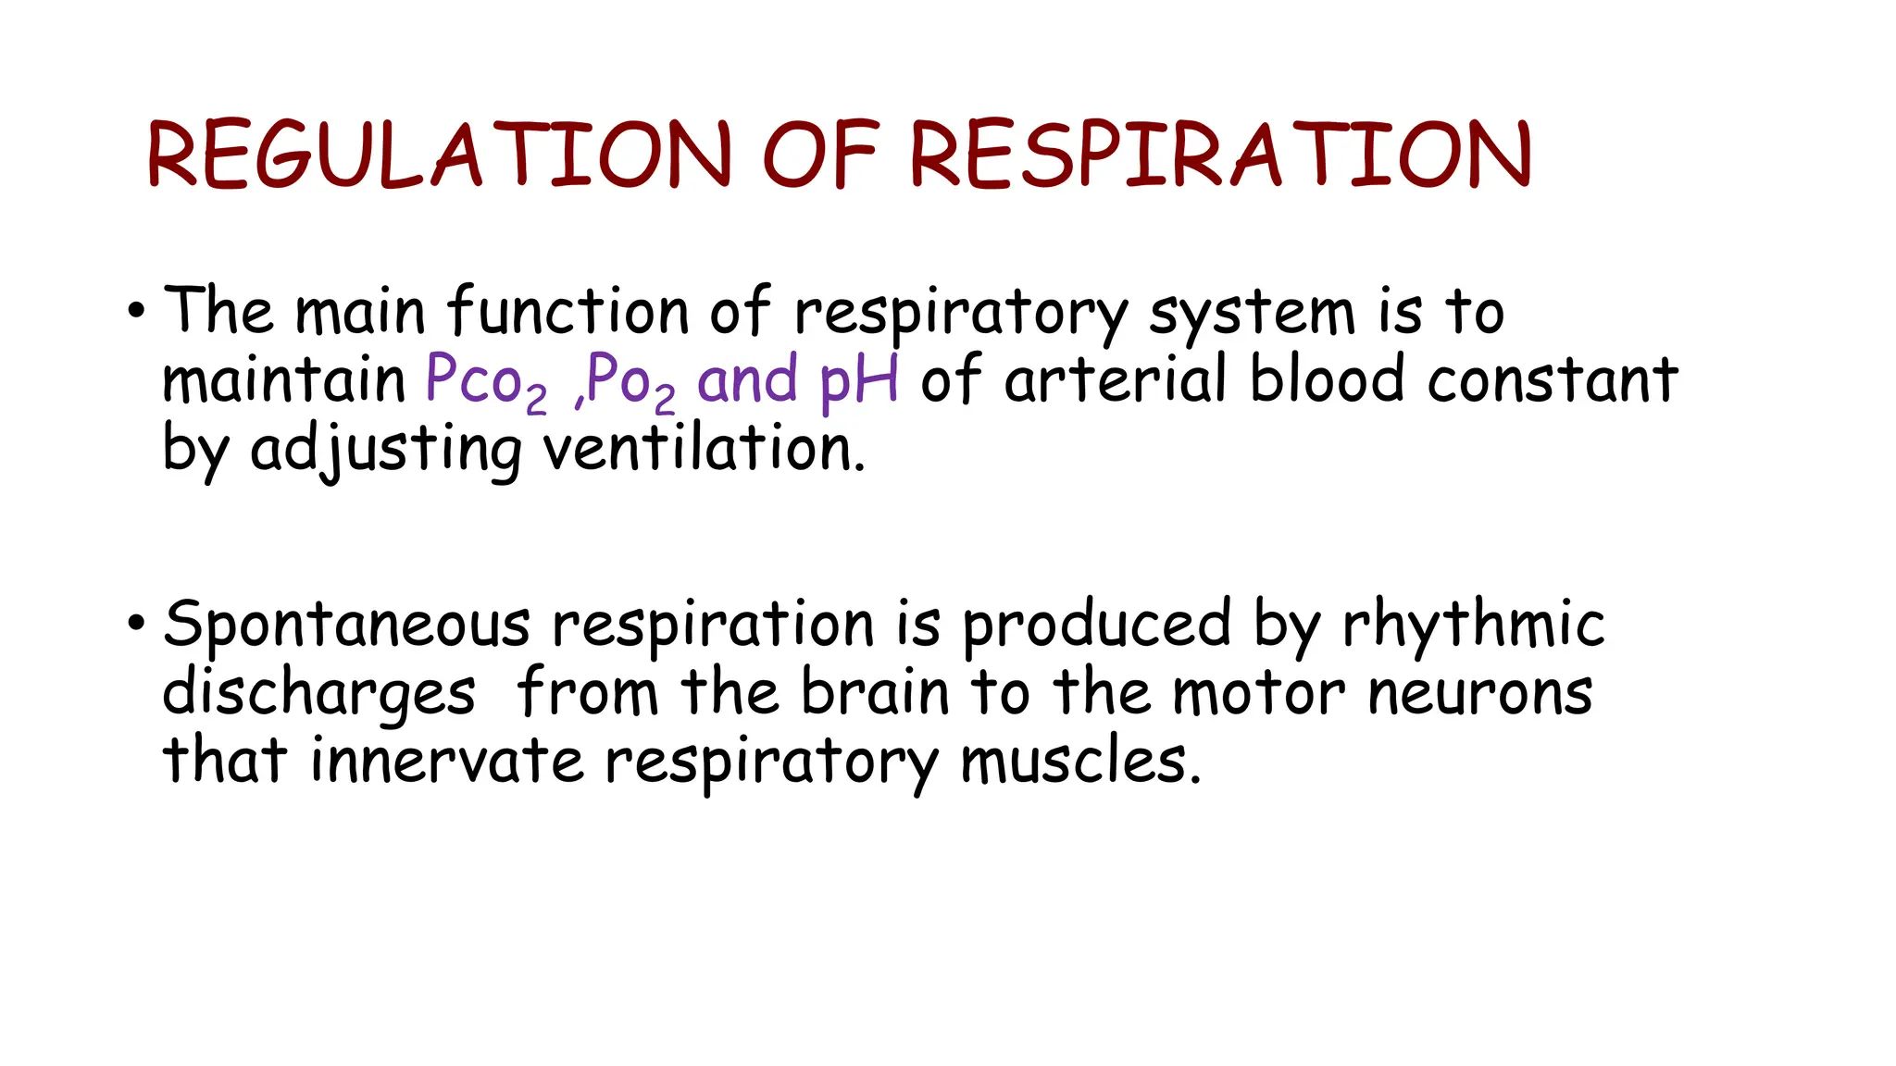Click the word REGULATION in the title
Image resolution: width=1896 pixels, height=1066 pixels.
point(439,155)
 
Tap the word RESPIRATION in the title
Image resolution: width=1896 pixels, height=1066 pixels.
point(1220,155)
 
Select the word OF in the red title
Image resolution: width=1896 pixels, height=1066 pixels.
point(820,155)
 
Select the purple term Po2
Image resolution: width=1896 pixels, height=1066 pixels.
point(630,381)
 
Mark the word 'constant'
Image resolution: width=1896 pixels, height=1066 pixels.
point(1553,379)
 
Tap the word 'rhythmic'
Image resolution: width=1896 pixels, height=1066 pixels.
point(1473,626)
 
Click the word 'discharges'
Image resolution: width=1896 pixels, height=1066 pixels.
point(318,694)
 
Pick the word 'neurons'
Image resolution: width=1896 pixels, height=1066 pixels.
point(1480,694)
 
